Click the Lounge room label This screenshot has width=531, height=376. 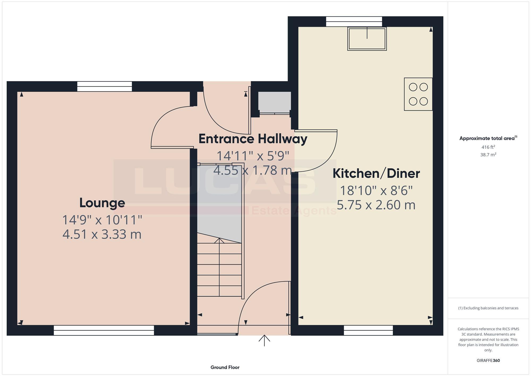tap(102, 203)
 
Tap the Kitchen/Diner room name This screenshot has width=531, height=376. tap(376, 174)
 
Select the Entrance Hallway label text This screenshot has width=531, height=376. tap(253, 139)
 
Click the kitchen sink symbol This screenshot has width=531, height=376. tap(367, 39)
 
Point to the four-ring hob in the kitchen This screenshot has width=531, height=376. tap(418, 94)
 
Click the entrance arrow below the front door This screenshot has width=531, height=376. tap(264, 341)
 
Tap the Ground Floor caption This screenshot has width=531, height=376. tap(225, 367)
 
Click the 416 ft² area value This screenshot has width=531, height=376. tap(488, 147)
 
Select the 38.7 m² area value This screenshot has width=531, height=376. tap(488, 155)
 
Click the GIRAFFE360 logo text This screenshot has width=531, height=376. tap(488, 360)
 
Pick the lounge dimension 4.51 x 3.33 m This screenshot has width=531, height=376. tap(102, 234)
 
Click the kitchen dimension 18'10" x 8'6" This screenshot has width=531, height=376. tap(376, 191)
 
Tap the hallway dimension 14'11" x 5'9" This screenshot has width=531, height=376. tap(253, 156)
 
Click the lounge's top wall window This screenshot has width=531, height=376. tap(105, 87)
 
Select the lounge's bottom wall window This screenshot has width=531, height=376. tap(104, 330)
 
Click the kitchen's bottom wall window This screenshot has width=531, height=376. tap(368, 330)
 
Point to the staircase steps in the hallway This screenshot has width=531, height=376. tap(219, 270)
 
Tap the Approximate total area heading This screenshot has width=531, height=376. tap(488, 138)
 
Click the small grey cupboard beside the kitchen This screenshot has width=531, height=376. tap(275, 102)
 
